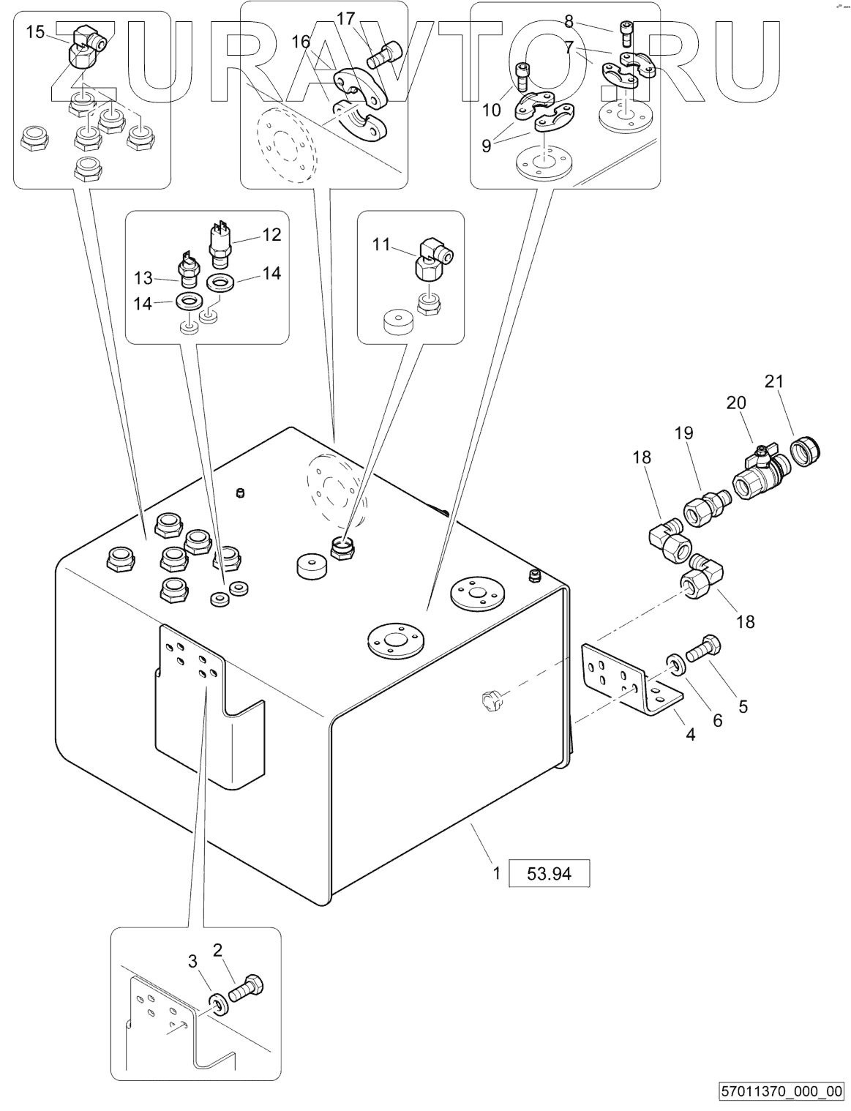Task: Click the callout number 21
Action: (774, 381)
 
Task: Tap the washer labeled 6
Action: (675, 665)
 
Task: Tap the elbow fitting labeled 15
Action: (87, 49)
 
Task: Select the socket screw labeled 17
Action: (384, 53)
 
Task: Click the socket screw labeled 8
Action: (626, 31)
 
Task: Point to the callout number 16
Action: (301, 42)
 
